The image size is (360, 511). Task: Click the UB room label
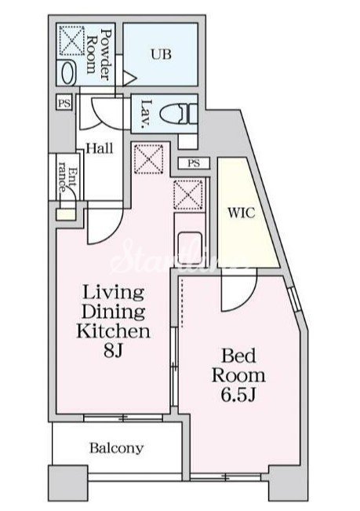click(161, 54)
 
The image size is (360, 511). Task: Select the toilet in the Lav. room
click(178, 114)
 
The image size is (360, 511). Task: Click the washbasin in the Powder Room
click(68, 73)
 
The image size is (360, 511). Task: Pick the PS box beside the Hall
click(64, 103)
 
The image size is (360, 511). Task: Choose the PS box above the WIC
click(194, 163)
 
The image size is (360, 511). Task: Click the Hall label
click(100, 148)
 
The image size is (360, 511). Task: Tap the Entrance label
click(67, 179)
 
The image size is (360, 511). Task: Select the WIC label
click(242, 213)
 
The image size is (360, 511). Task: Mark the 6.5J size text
click(238, 395)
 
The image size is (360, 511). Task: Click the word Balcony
click(117, 448)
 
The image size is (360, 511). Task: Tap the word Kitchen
click(113, 331)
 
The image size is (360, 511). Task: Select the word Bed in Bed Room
click(238, 356)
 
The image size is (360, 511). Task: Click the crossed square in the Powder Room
click(71, 40)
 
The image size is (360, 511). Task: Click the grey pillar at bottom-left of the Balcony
click(68, 483)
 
